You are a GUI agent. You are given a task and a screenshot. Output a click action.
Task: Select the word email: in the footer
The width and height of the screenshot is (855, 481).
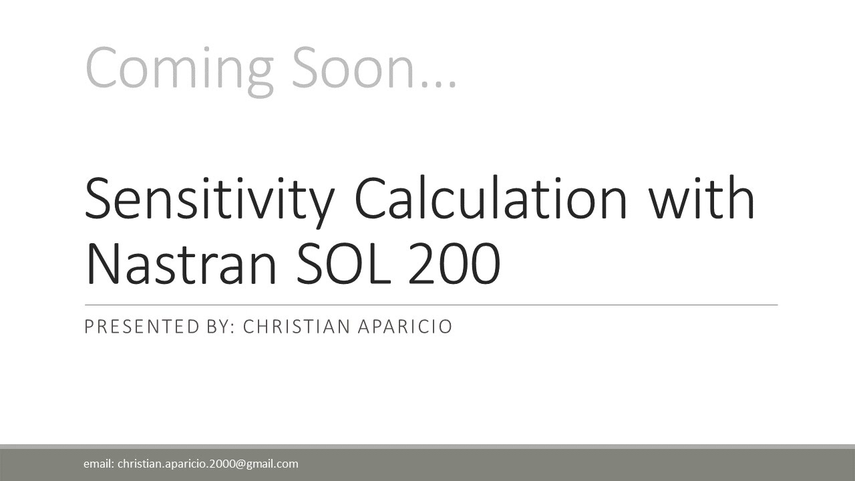coord(98,464)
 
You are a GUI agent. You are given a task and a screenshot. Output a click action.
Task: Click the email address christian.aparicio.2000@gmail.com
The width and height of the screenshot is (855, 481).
coord(208,464)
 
